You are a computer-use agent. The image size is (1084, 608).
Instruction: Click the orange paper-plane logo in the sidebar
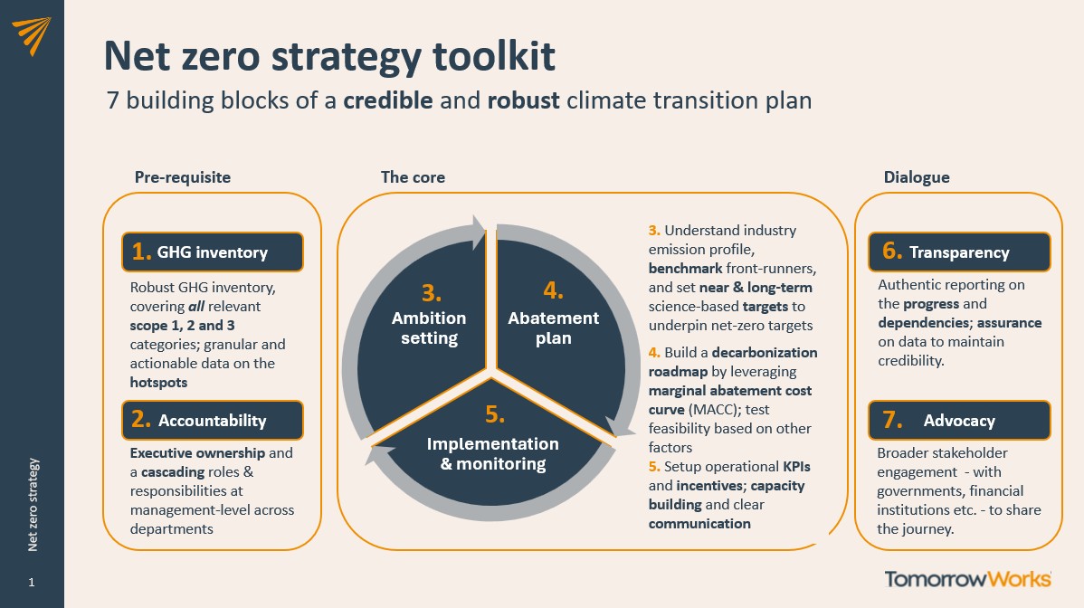(32, 36)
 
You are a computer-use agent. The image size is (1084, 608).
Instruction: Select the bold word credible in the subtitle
(388, 100)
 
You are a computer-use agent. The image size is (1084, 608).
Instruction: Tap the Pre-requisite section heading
(183, 176)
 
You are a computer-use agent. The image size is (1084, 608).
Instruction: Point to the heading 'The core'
(413, 176)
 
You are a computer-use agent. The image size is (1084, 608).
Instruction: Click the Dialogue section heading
(917, 176)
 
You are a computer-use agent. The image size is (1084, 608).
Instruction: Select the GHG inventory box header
(213, 252)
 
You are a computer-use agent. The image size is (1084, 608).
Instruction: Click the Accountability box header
(213, 420)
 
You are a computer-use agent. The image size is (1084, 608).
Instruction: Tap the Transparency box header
(959, 252)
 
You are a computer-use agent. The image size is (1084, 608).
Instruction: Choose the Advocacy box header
(959, 420)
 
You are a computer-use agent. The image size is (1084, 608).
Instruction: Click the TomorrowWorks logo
(968, 579)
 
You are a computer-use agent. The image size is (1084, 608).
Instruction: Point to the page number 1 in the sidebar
(31, 583)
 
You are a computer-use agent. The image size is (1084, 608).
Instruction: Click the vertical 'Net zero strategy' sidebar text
(33, 504)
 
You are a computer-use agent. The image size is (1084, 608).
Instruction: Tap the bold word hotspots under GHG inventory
(158, 382)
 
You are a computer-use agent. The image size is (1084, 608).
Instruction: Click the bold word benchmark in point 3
(685, 268)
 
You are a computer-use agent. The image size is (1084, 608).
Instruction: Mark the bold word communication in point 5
(699, 524)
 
